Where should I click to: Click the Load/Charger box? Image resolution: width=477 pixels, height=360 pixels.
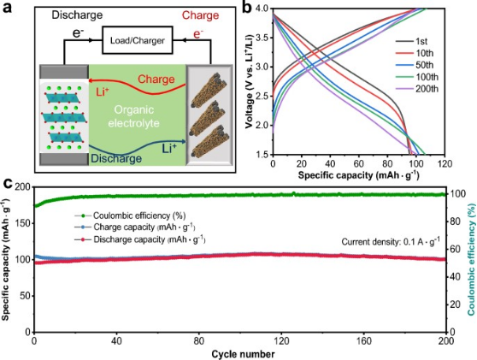[138, 40]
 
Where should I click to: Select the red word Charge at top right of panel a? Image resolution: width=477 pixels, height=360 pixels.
[200, 15]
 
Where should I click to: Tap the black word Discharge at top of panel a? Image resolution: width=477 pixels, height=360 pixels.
[77, 15]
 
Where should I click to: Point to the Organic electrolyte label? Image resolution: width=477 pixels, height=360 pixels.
[134, 116]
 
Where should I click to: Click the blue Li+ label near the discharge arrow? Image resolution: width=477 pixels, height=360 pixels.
[169, 149]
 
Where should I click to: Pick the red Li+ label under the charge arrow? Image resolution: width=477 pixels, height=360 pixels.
[103, 91]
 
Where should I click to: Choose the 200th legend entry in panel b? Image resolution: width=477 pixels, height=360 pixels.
[417, 89]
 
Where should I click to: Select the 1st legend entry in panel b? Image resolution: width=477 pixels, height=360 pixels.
[411, 41]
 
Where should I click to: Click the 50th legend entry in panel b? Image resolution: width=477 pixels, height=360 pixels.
[415, 65]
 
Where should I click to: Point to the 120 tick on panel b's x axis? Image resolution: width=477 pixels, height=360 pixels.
[445, 164]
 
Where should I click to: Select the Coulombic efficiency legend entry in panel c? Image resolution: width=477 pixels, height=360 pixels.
[130, 215]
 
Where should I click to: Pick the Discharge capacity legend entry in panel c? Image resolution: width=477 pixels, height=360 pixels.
[140, 239]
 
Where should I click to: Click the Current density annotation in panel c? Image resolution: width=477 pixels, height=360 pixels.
[391, 242]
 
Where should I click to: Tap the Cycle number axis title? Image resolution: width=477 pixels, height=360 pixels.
[243, 354]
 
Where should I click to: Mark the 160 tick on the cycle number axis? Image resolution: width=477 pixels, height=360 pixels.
[363, 341]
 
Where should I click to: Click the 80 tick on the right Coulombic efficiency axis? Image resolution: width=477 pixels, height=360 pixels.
[456, 221]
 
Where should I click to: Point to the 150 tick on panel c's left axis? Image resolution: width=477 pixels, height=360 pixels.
[25, 223]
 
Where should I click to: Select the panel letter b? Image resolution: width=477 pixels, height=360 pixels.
[246, 8]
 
